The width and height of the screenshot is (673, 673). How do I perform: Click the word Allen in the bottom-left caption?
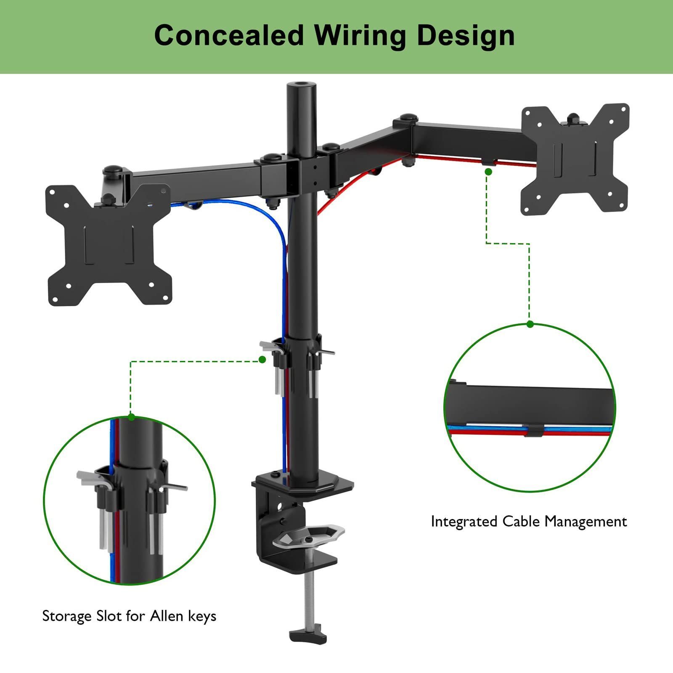tap(167, 616)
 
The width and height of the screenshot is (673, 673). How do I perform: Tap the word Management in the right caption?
tap(586, 522)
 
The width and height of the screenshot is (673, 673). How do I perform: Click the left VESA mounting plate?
tap(109, 245)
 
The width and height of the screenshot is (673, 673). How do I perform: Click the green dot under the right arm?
tap(488, 172)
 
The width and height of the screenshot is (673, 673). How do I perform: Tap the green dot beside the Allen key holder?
tap(262, 360)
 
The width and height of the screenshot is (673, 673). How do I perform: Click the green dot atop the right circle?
tap(530, 324)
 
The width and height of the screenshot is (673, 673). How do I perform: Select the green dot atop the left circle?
tap(131, 417)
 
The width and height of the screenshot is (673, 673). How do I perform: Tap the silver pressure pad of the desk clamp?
tap(308, 536)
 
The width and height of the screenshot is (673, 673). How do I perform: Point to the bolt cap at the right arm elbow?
tap(407, 118)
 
